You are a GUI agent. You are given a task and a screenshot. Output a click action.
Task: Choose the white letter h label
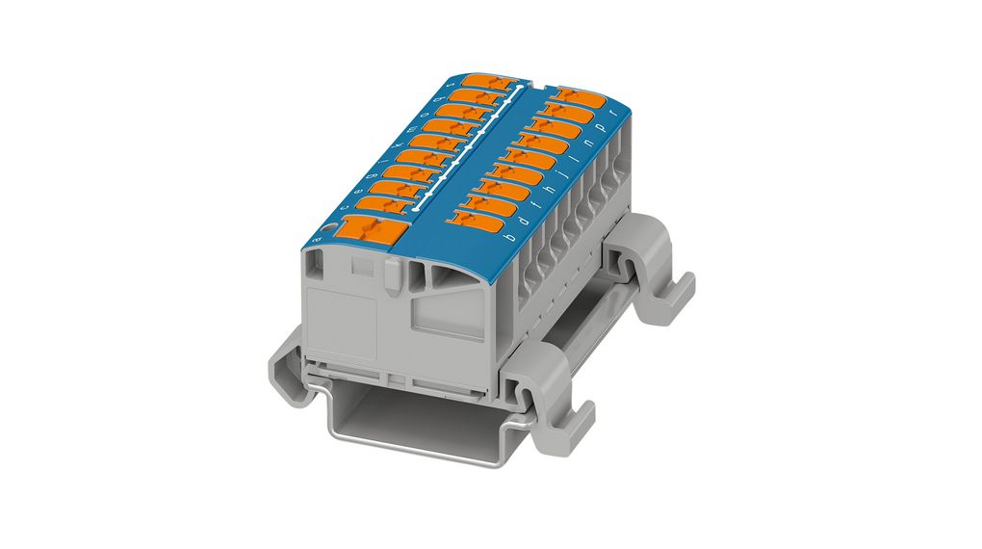[x=549, y=190]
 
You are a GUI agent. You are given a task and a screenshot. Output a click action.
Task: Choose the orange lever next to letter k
[x=441, y=143]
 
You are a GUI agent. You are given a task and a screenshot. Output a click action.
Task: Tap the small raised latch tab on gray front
[x=394, y=278]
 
